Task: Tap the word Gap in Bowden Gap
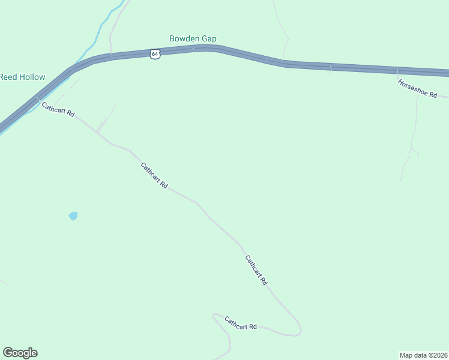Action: point(209,39)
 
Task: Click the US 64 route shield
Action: point(155,54)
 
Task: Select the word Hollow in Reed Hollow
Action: point(31,77)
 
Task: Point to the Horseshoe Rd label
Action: point(417,88)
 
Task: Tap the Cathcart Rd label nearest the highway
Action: point(58,109)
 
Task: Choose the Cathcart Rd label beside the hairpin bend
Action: point(241,323)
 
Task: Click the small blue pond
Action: point(73,216)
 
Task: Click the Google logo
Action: point(20,353)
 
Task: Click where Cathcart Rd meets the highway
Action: point(37,98)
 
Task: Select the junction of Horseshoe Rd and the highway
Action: point(397,71)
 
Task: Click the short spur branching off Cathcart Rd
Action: point(107,117)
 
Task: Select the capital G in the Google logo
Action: point(8,353)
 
